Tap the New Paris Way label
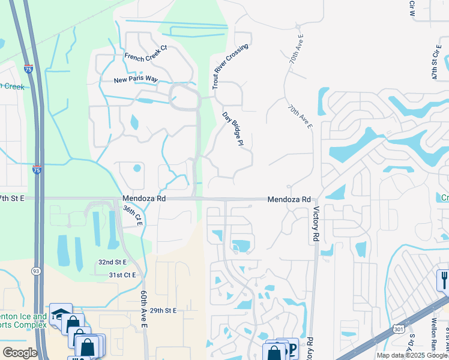(x=136, y=80)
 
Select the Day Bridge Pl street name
(x=232, y=128)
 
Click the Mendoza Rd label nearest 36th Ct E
(x=143, y=199)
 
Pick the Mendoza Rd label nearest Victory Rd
(x=289, y=199)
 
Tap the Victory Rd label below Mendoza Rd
(x=315, y=224)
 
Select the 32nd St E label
(x=113, y=262)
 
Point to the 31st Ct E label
(x=122, y=275)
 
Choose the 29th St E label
(x=163, y=310)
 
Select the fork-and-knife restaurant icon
(x=444, y=279)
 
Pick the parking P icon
(x=292, y=349)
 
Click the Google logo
(x=20, y=353)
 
